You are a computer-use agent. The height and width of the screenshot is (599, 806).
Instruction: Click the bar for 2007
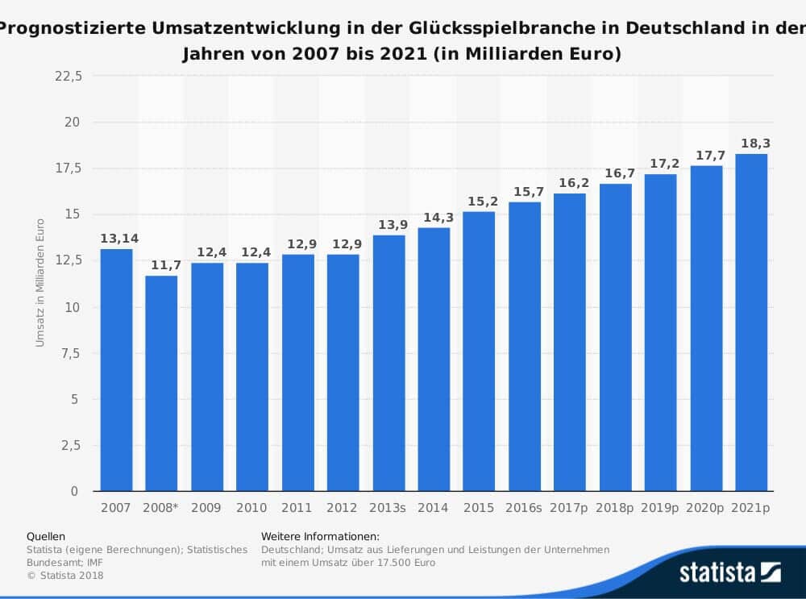tap(116, 370)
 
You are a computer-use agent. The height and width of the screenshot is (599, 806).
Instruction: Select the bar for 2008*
tap(161, 384)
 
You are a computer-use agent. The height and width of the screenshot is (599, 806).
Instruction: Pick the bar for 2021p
tap(751, 322)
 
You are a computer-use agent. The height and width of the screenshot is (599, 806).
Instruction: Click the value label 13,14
tap(116, 239)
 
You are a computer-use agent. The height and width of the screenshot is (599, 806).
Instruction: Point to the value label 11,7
tap(161, 265)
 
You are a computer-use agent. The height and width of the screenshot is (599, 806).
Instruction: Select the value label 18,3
tap(751, 144)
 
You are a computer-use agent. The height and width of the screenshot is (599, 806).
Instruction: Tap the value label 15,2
tap(479, 201)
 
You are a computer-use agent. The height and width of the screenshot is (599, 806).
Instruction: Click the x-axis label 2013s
tap(388, 509)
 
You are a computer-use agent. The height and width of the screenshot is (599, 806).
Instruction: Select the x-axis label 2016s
tap(525, 509)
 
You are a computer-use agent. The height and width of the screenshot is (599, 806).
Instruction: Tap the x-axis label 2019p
tap(661, 509)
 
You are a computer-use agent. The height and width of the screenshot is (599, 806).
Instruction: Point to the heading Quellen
tap(46, 536)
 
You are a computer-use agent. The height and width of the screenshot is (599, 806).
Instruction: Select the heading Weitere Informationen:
tap(320, 536)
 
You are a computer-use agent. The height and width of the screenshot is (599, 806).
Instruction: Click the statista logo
tap(729, 572)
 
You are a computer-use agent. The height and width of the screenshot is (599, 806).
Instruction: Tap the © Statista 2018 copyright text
tap(65, 575)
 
